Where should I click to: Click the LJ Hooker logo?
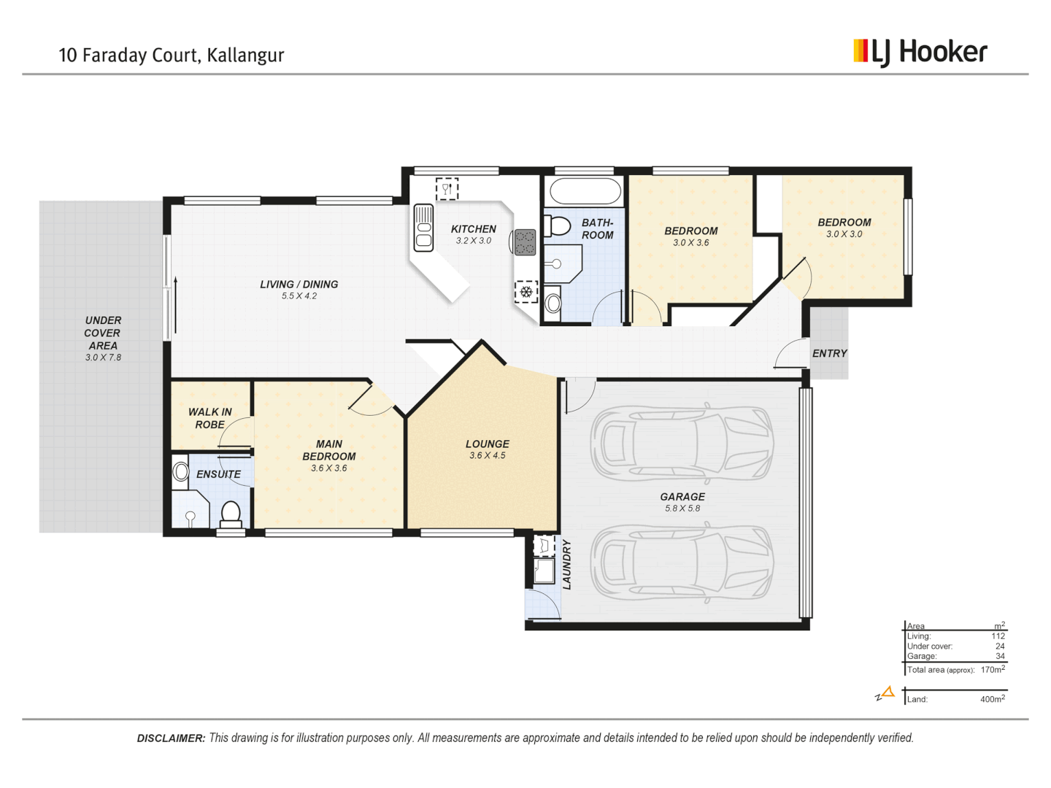point(920,52)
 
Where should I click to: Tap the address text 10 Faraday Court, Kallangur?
point(172,55)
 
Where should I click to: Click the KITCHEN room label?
point(473,229)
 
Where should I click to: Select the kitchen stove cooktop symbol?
point(525,242)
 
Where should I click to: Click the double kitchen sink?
point(423,228)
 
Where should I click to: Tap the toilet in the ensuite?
point(231,514)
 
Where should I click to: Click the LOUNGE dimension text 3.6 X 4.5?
point(488,455)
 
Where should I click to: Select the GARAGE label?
point(682,497)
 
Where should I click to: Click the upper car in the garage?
point(682,441)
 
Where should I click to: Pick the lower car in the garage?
point(682,561)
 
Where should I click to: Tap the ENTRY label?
point(830,353)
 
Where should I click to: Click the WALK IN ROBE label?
point(210,418)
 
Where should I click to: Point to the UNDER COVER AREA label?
point(103,333)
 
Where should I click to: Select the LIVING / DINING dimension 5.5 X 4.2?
point(299,296)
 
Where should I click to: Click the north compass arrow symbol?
point(886,692)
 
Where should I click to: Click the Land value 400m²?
point(992,699)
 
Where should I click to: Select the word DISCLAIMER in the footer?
point(171,738)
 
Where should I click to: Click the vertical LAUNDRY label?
point(567,565)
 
